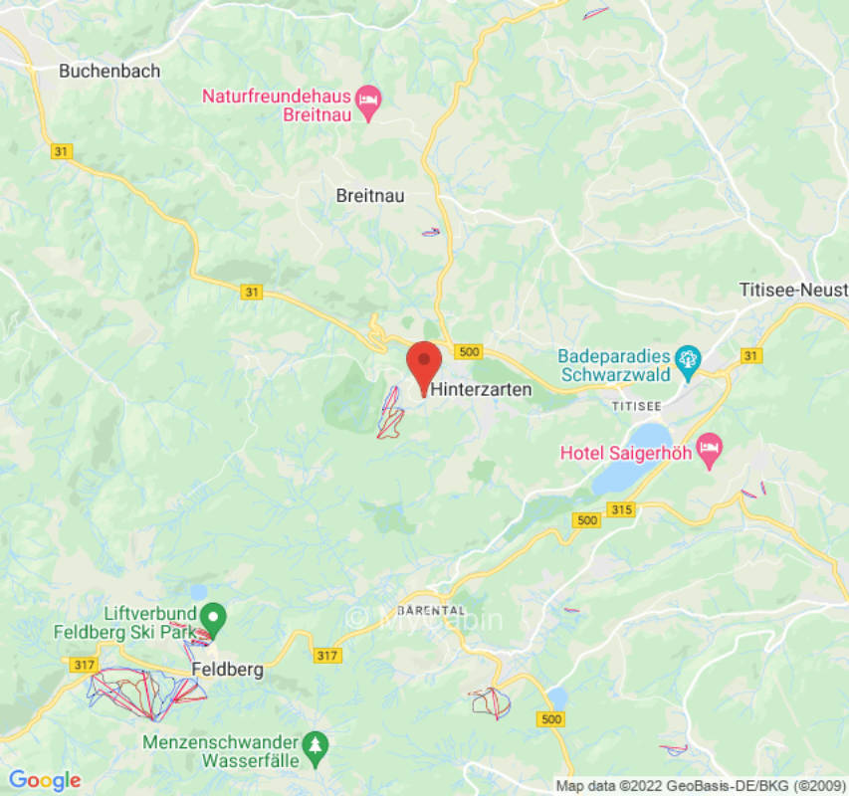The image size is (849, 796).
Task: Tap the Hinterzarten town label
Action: (481, 391)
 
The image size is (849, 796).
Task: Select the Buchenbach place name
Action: (109, 71)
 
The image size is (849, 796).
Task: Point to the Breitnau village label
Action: (371, 196)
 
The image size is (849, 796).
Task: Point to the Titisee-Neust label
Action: (793, 290)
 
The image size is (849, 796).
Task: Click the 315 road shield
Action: (622, 509)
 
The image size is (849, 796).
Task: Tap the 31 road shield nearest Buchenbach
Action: (63, 150)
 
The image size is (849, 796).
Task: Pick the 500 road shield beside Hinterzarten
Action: (468, 352)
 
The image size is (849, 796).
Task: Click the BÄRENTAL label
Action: (430, 608)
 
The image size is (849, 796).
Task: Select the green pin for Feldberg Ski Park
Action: (214, 618)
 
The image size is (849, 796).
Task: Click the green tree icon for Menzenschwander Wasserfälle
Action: (316, 745)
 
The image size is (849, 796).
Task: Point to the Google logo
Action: (44, 781)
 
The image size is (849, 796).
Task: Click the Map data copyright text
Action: (700, 786)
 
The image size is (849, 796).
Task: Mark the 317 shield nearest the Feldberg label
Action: (326, 656)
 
